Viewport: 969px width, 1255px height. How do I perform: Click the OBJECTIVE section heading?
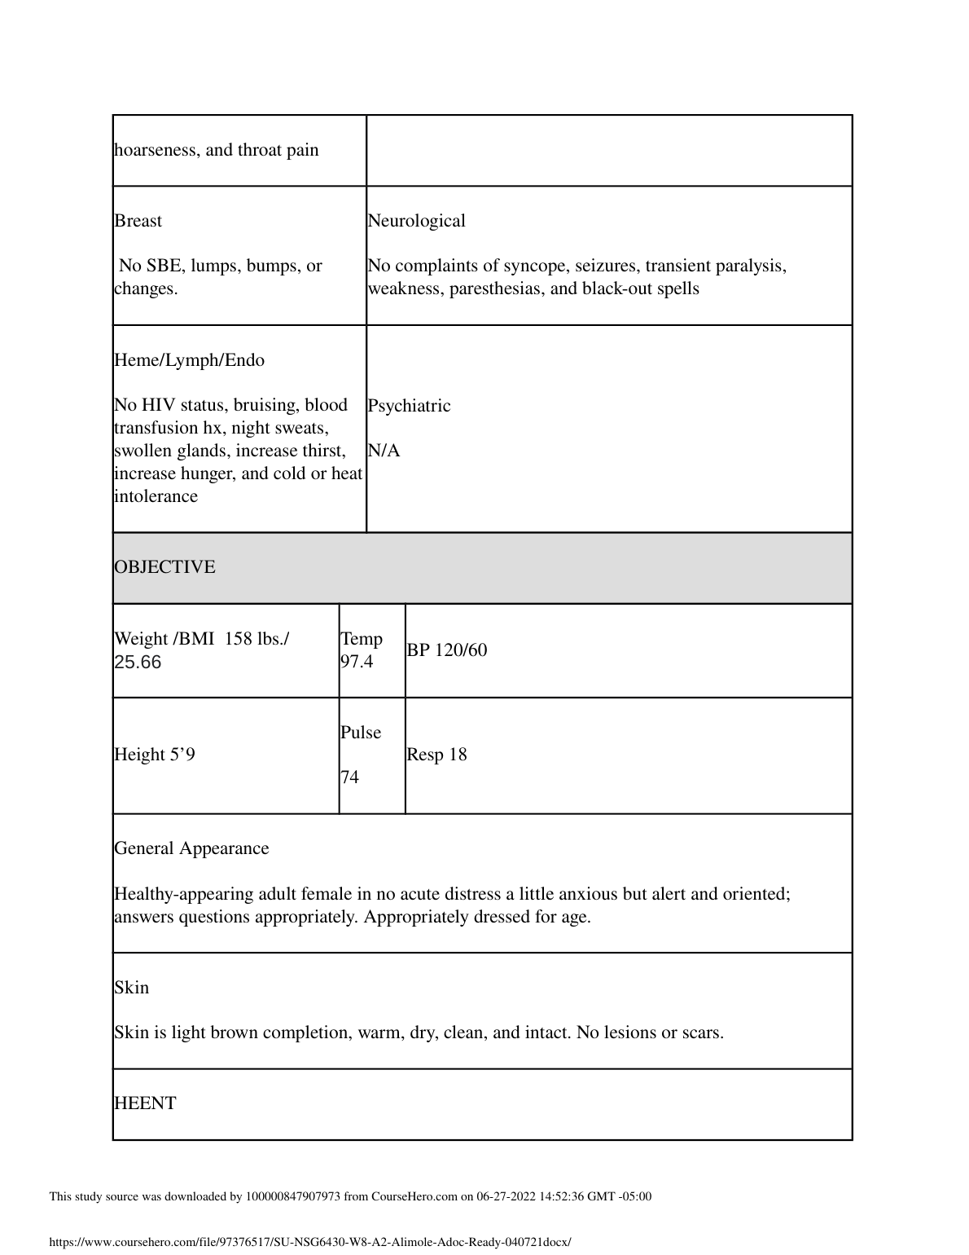164,567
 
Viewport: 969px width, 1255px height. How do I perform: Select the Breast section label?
138,221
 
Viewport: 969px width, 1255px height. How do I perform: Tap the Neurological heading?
416,221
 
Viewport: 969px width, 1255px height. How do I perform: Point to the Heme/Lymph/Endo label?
189,360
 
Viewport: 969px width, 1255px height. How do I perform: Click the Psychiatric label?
409,406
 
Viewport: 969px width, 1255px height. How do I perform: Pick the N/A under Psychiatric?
384,451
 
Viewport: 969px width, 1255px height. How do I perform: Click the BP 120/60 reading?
447,650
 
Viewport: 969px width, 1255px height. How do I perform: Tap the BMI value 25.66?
138,662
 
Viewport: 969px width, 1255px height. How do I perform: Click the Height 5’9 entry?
155,755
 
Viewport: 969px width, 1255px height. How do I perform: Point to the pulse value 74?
349,777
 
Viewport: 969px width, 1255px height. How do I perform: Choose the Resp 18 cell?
437,755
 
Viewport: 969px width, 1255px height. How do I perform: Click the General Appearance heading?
191,848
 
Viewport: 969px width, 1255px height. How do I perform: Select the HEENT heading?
145,1103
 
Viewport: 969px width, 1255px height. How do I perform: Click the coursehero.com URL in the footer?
310,1242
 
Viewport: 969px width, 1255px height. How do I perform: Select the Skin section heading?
131,988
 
